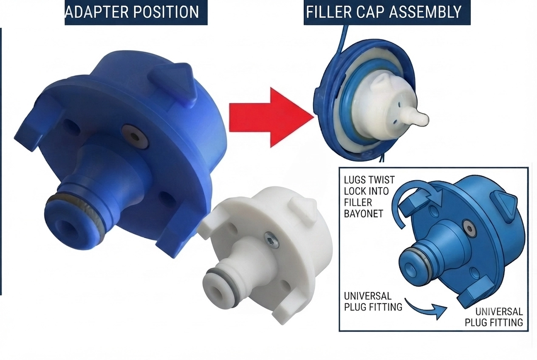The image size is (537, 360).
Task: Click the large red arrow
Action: (271, 117)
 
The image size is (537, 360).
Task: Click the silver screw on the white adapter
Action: (271, 239)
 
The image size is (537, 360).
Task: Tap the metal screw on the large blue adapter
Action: (135, 137)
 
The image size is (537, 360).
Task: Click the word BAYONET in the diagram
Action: (364, 214)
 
